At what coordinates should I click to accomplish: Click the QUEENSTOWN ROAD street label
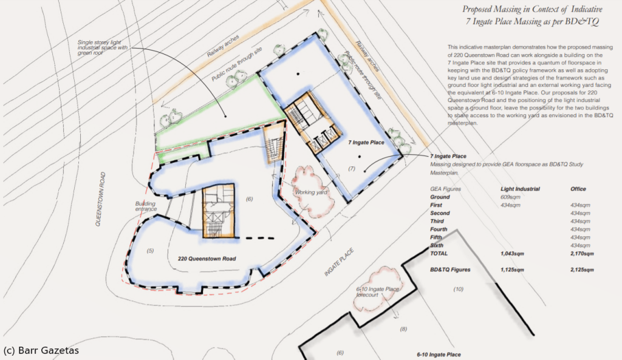[101, 199]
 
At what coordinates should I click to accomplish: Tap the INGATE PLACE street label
[339, 262]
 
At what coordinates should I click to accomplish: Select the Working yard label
[311, 192]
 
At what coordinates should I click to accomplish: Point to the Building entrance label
[146, 206]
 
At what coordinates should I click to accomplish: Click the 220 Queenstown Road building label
[207, 259]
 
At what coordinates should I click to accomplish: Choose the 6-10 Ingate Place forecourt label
[377, 292]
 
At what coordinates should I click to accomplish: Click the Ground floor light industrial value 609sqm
[510, 197]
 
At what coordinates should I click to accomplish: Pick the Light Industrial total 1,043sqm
[512, 253]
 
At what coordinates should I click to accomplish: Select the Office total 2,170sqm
[582, 253]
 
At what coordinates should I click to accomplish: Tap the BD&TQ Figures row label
[450, 270]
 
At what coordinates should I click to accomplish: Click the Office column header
[578, 189]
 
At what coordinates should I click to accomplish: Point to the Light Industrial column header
[520, 189]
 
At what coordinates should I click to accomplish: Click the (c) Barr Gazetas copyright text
[41, 350]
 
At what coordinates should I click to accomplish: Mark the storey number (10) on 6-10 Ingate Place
[458, 289]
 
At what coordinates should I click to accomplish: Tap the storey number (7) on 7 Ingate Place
[352, 169]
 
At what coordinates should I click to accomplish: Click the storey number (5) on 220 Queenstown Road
[150, 251]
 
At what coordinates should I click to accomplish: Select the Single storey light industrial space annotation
[102, 47]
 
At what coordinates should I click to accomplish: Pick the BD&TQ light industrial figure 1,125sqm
[512, 270]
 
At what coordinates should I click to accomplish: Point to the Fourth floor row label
[439, 229]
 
